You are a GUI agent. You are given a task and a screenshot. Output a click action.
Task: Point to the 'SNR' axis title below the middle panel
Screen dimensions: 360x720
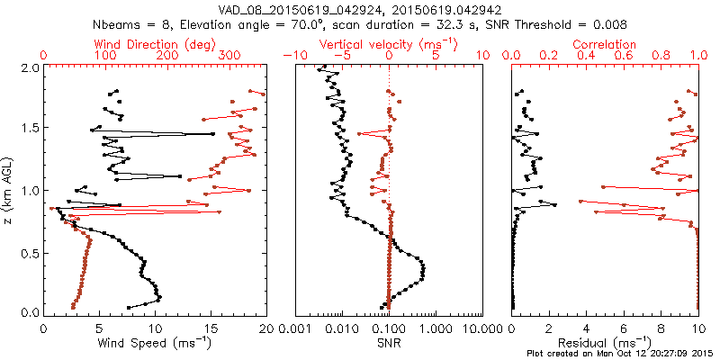tap(389, 342)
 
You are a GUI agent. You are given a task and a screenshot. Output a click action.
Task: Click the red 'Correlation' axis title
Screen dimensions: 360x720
tap(604, 43)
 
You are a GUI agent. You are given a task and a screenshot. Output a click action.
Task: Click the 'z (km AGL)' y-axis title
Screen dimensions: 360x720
tap(10, 190)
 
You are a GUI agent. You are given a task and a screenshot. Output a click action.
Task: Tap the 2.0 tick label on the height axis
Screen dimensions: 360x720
tap(29, 67)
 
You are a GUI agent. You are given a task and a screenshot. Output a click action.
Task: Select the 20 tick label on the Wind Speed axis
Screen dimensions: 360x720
tap(265, 328)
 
